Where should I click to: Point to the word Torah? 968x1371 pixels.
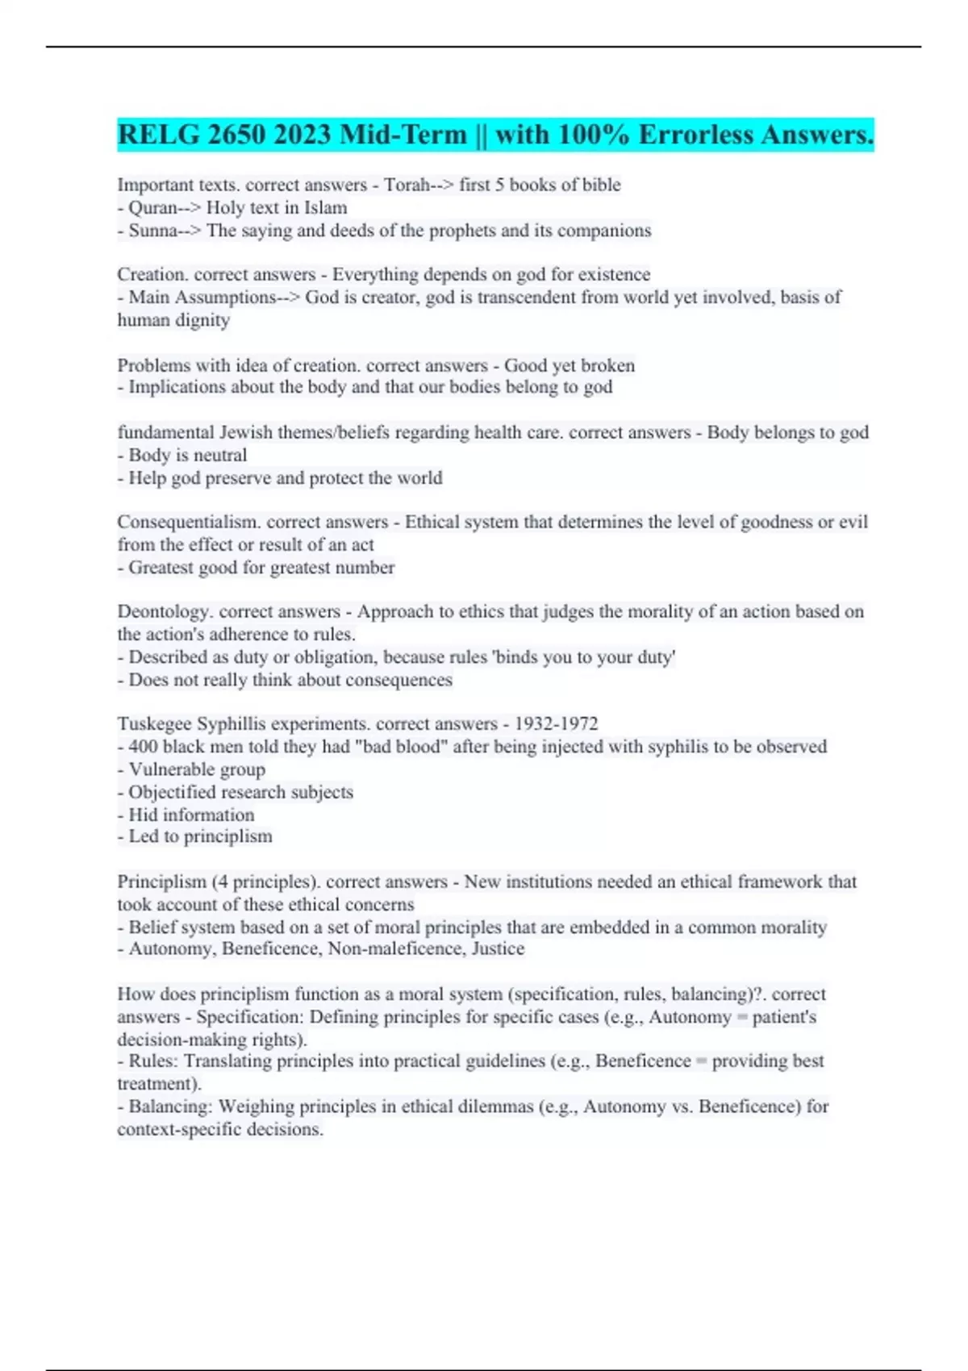click(x=407, y=185)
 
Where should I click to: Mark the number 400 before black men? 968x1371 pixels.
click(x=143, y=747)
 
